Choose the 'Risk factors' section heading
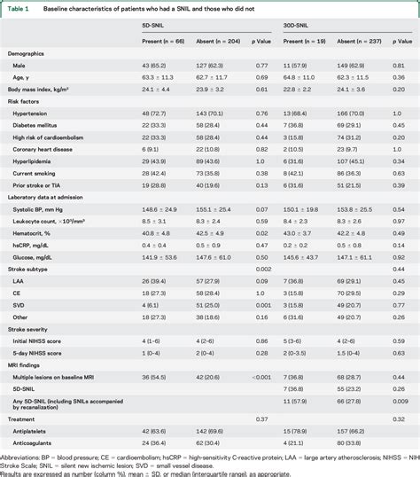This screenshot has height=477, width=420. pyautogui.click(x=26, y=101)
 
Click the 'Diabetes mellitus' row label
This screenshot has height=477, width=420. pyautogui.click(x=39, y=125)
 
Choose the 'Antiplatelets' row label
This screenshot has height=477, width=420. pyautogui.click(x=33, y=429)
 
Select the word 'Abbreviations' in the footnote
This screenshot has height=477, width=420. pyautogui.click(x=20, y=457)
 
